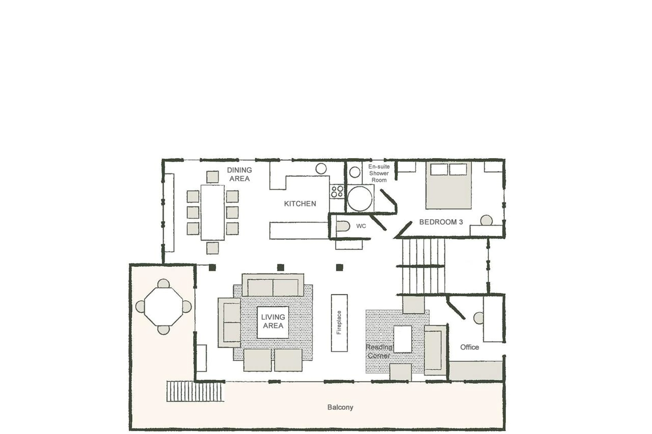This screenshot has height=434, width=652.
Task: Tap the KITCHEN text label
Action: click(x=300, y=204)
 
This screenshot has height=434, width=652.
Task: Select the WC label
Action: click(x=361, y=226)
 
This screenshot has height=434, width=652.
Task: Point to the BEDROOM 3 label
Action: click(x=441, y=222)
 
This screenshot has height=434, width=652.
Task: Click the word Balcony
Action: click(x=340, y=407)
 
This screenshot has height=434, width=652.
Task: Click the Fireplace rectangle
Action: click(x=339, y=323)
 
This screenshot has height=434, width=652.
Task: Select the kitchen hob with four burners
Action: click(x=337, y=191)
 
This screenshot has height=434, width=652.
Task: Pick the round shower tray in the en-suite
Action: click(x=359, y=198)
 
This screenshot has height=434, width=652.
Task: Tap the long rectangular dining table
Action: click(x=213, y=212)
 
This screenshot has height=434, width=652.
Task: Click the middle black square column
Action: click(x=280, y=267)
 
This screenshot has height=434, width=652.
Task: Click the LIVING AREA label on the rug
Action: click(x=273, y=321)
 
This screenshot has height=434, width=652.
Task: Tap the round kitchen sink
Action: click(x=321, y=169)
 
